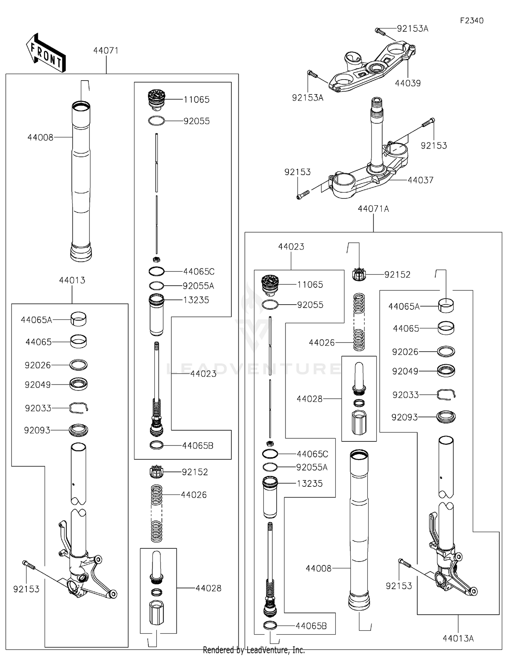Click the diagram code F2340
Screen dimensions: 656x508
point(471,21)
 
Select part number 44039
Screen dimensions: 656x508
point(407,83)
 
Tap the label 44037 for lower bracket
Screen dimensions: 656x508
point(420,180)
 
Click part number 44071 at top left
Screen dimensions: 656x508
point(106,51)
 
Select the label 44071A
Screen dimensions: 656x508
point(373,209)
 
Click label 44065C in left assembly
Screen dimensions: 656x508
point(199,271)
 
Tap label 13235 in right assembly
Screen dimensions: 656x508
point(310,484)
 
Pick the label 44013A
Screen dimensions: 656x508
point(458,638)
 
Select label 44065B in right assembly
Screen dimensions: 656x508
point(311,626)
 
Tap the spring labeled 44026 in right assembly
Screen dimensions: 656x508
point(359,322)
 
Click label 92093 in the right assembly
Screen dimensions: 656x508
point(404,417)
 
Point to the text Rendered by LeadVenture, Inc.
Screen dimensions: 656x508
point(254,650)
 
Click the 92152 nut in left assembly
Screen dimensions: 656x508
point(156,472)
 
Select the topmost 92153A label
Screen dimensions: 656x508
point(412,29)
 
